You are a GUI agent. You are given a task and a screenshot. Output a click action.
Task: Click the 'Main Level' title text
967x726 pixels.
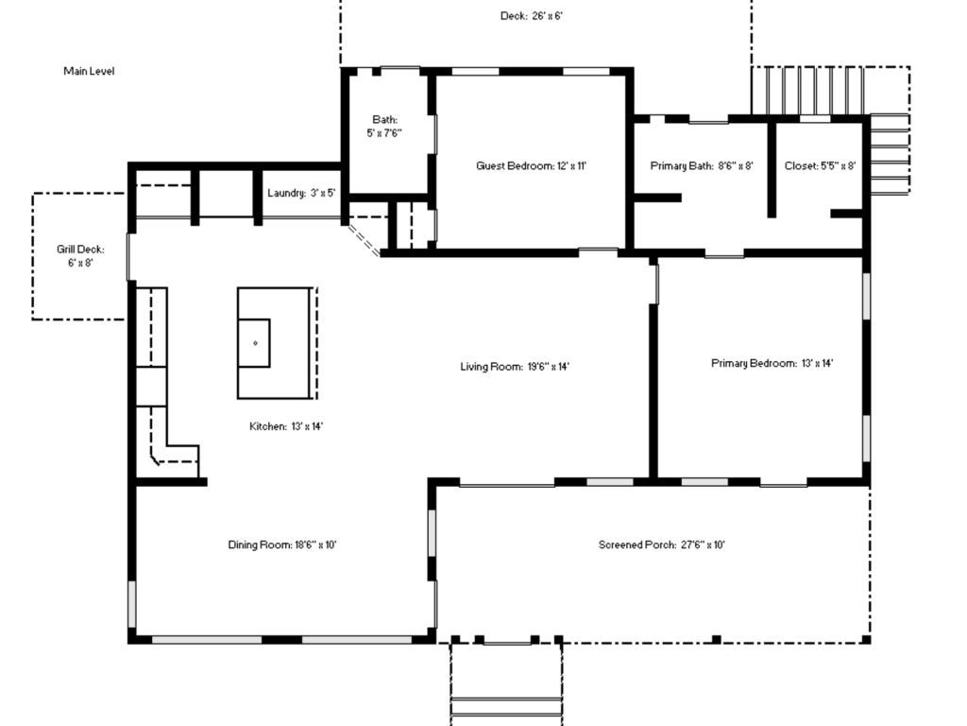(x=89, y=71)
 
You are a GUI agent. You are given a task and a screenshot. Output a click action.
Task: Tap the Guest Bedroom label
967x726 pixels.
(x=531, y=165)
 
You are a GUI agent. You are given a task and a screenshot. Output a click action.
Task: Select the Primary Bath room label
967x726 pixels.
(x=702, y=165)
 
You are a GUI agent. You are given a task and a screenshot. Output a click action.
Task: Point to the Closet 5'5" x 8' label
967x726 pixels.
(x=820, y=165)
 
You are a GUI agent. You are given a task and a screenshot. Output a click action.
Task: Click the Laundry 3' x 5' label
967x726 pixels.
(x=301, y=193)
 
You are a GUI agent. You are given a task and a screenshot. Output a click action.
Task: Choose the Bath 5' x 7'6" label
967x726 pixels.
(x=384, y=126)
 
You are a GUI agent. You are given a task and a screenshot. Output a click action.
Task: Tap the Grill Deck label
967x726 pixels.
(x=80, y=255)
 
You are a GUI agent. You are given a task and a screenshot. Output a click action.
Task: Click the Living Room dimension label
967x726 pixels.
(x=515, y=366)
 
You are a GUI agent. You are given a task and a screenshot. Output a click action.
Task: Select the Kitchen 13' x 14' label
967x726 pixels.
(x=286, y=426)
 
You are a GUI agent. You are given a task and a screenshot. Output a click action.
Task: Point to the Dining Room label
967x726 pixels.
(x=281, y=544)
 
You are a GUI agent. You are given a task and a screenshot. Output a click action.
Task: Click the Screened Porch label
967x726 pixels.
(x=662, y=544)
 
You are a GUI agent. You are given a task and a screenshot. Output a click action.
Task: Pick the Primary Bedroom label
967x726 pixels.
(x=772, y=363)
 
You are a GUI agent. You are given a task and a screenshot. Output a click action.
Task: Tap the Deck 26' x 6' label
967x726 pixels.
(x=531, y=15)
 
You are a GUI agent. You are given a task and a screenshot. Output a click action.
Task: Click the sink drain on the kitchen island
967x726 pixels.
(x=255, y=343)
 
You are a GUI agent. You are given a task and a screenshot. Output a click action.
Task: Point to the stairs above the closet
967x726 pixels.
(x=806, y=91)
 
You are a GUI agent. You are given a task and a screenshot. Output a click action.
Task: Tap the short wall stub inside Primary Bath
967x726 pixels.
(x=658, y=198)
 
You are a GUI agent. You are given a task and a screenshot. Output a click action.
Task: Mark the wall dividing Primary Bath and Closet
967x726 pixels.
(x=772, y=168)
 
